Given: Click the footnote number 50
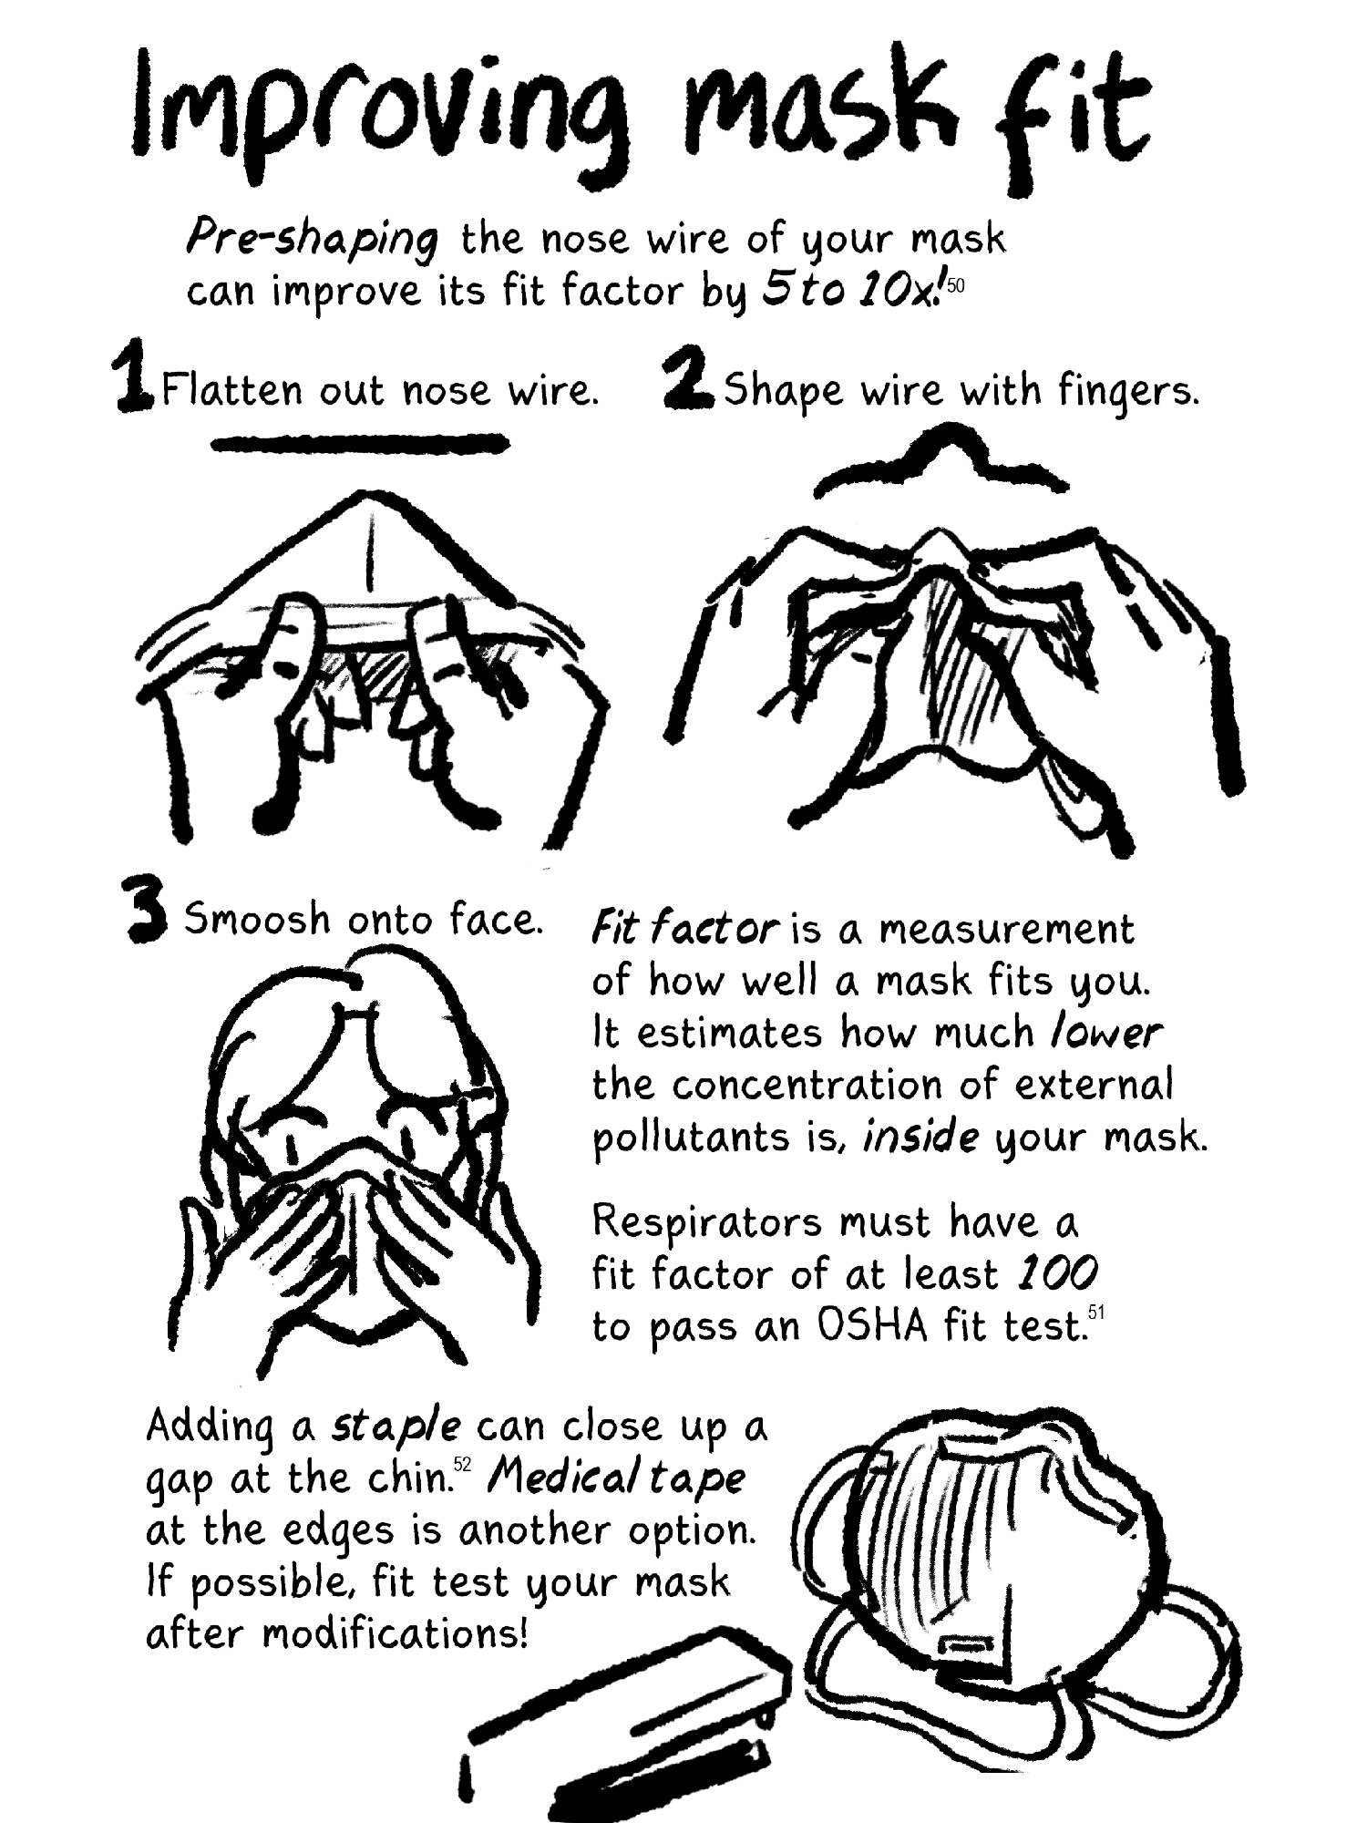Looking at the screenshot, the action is pos(956,285).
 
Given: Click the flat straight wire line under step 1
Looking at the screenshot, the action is pos(360,444).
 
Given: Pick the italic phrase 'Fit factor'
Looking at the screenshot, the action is pos(684,929).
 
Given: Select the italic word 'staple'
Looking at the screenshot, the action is pos(396,1427).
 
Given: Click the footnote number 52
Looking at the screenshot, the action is pos(462,1465).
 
